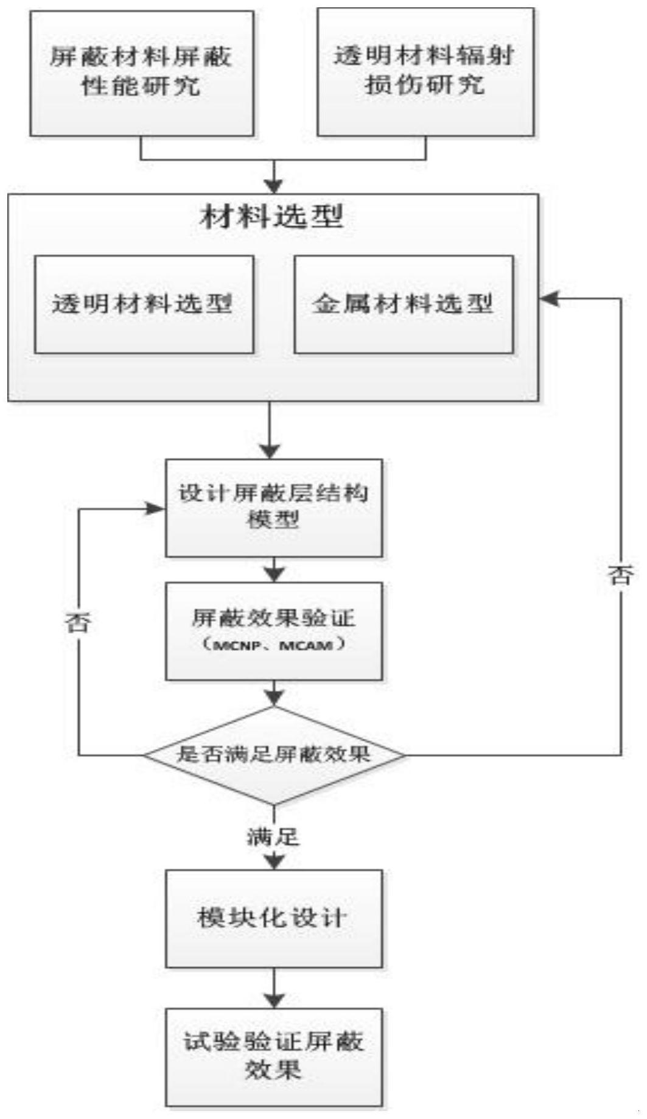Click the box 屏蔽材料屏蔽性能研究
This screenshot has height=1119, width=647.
coord(142,73)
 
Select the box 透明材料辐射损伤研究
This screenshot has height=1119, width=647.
coord(425,72)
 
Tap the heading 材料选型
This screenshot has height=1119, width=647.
coord(271,217)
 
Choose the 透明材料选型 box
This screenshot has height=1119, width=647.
coord(144,304)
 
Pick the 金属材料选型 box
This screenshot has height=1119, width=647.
coord(404,304)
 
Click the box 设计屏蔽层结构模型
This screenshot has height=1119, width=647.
coord(274,507)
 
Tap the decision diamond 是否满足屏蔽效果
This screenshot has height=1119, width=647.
coord(274,755)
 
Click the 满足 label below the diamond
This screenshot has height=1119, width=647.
coord(273,837)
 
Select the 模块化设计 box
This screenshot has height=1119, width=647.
coord(274,918)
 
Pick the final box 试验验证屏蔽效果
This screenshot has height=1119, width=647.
coord(274,1056)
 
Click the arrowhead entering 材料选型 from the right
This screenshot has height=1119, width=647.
coord(548,298)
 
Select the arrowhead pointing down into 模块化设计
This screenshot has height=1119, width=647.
coord(275,861)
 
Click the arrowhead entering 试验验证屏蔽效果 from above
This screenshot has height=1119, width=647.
coord(275,1000)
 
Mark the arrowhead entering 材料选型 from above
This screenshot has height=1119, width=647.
coord(275,186)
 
